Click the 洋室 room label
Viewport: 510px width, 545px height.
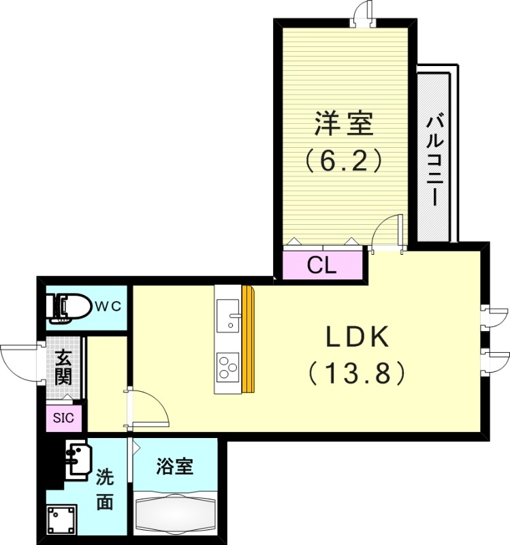click(x=343, y=125)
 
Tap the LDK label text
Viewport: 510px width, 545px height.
click(x=356, y=337)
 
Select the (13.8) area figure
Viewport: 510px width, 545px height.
click(x=356, y=372)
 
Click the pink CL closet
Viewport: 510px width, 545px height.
click(x=321, y=265)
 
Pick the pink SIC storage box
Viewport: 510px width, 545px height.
click(x=63, y=418)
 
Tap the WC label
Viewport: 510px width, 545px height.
click(x=108, y=306)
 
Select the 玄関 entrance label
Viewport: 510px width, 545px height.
click(x=63, y=366)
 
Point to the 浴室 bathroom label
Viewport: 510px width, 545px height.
click(x=175, y=467)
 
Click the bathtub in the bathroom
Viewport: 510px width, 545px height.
click(x=175, y=512)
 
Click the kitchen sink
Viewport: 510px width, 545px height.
click(x=228, y=317)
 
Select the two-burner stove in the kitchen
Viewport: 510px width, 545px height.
click(x=227, y=368)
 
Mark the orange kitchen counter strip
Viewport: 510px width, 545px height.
click(x=247, y=339)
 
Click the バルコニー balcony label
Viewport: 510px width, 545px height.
click(x=434, y=159)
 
